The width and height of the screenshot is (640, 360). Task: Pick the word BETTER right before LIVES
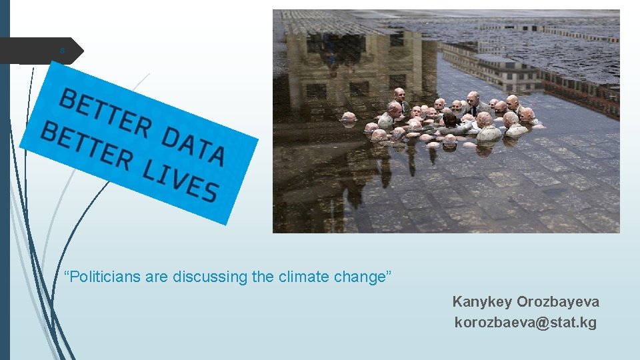click(86, 144)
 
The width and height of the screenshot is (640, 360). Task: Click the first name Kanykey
click(482, 302)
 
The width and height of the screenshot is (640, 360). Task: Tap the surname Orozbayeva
click(558, 302)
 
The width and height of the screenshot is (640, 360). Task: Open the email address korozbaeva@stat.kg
click(525, 323)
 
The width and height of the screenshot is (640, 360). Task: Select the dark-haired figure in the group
click(451, 120)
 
